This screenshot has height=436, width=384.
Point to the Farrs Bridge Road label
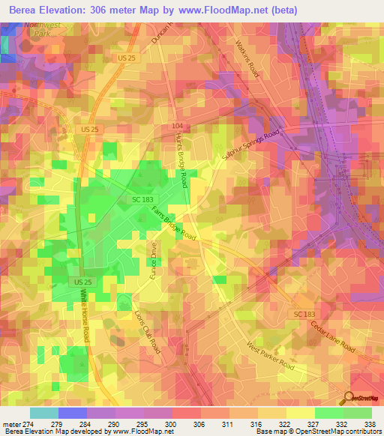pos(175,225)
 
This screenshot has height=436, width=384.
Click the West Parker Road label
pos(271,356)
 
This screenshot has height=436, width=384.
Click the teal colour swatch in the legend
pos(44,413)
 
